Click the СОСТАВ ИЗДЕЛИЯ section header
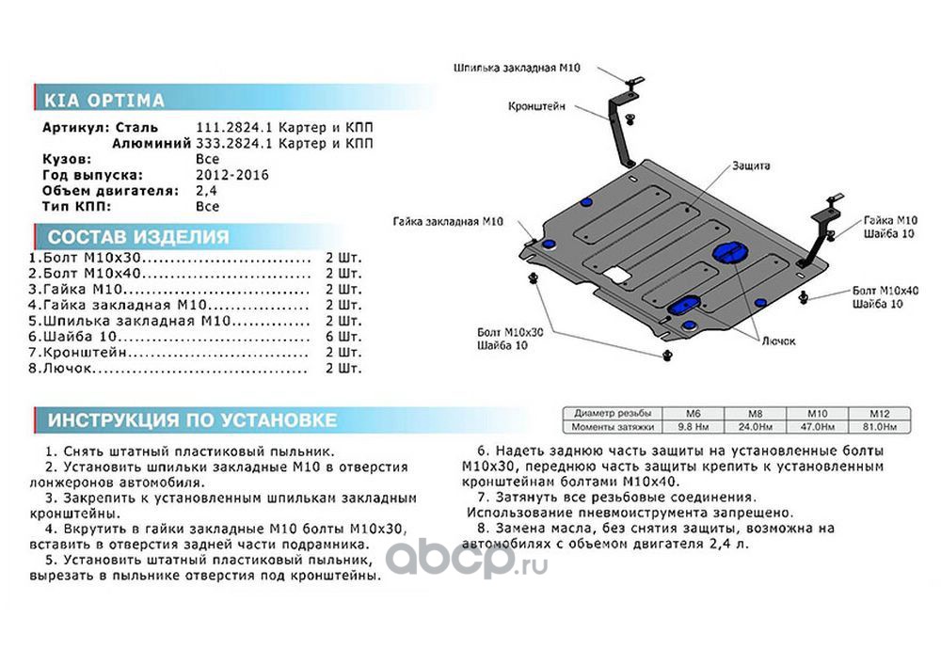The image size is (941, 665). pyautogui.click(x=137, y=237)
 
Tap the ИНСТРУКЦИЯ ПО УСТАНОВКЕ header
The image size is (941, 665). pyautogui.click(x=192, y=420)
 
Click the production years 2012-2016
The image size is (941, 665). pyautogui.click(x=231, y=175)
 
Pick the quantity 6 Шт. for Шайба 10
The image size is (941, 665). pyautogui.click(x=343, y=337)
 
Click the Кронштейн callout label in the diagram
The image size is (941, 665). pyautogui.click(x=536, y=107)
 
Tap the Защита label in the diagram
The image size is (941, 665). pyautogui.click(x=750, y=166)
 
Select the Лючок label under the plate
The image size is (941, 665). pyautogui.click(x=779, y=340)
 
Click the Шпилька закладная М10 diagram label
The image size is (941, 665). pyautogui.click(x=515, y=69)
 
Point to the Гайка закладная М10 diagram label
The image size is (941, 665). pyautogui.click(x=449, y=221)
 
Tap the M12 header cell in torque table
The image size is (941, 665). pyautogui.click(x=879, y=414)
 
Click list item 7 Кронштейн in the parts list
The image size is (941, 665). pyautogui.click(x=80, y=354)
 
